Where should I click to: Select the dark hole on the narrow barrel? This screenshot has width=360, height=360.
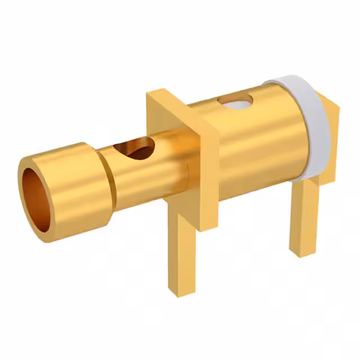pyautogui.click(x=133, y=149)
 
